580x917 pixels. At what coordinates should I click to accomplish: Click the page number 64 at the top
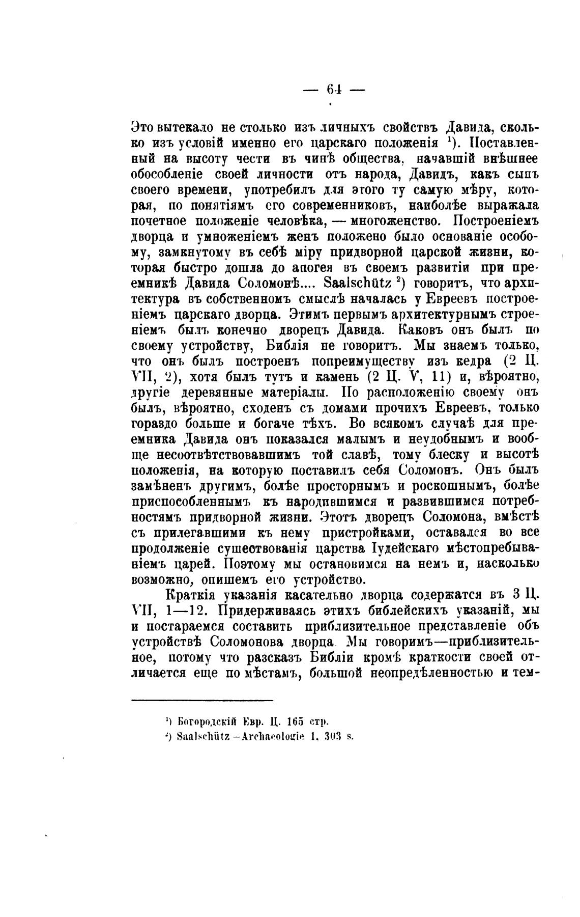point(334,90)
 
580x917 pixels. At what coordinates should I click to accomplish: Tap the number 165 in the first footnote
point(295,721)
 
